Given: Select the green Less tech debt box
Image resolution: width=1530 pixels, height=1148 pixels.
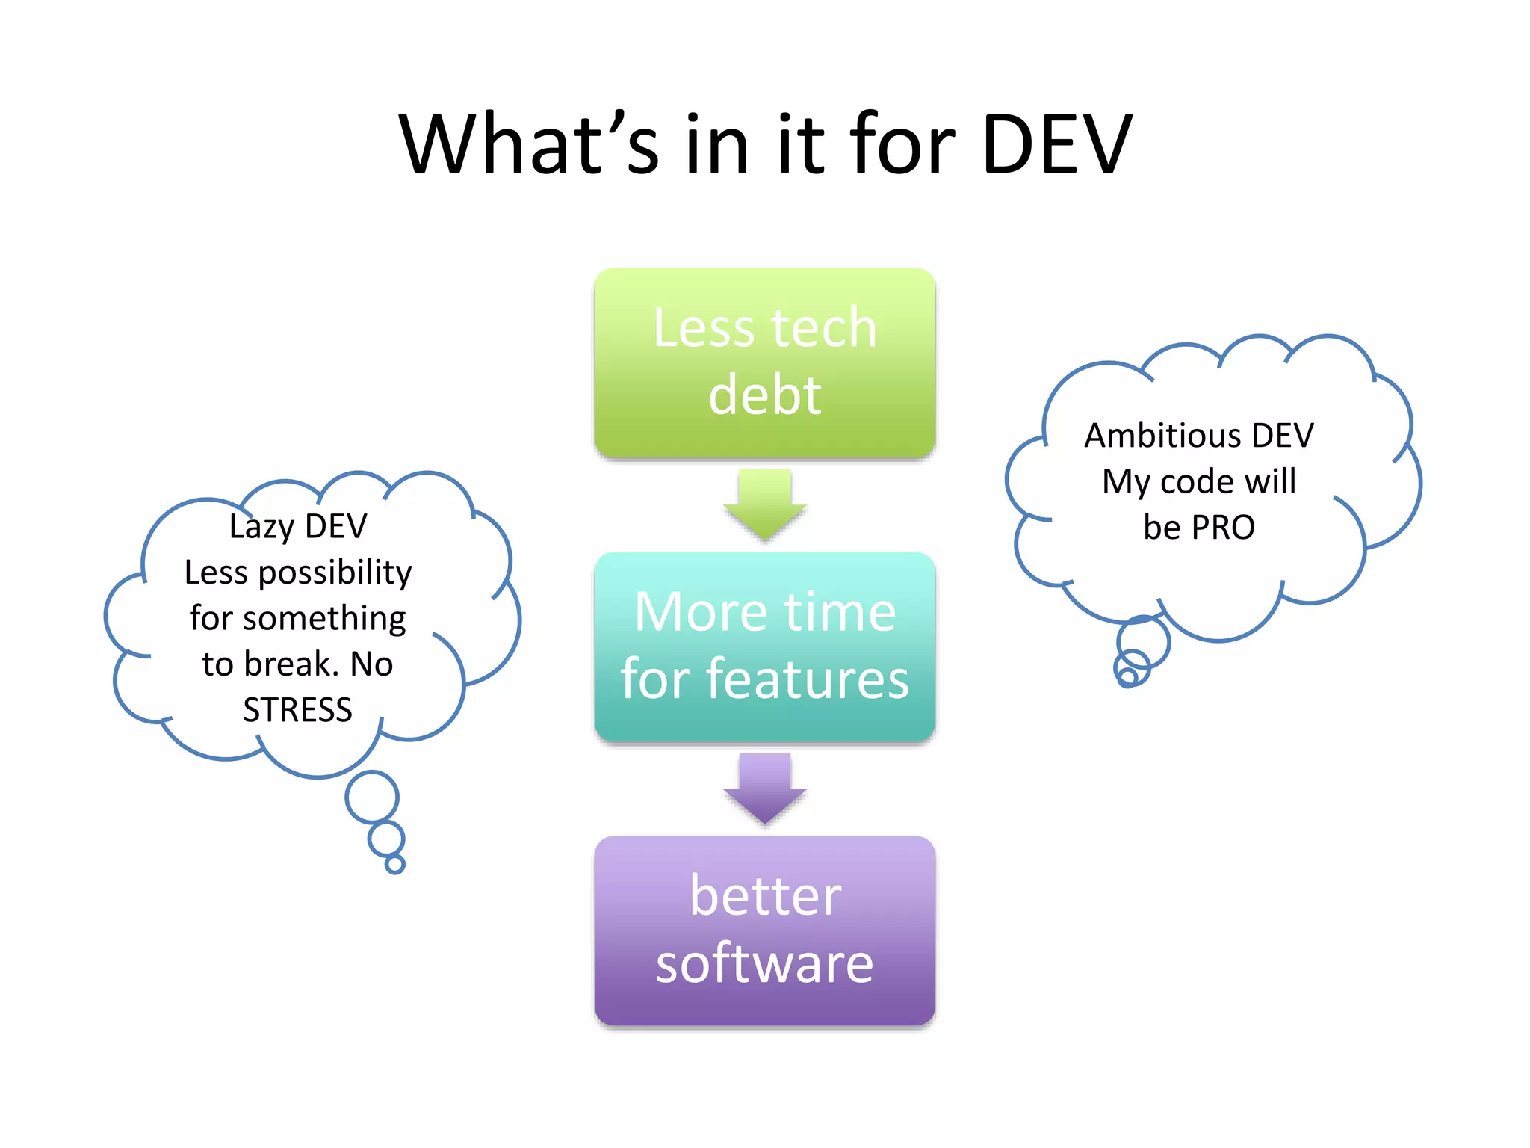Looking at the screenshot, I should tap(764, 362).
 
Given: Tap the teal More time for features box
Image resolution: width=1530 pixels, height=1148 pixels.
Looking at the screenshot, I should tap(764, 646).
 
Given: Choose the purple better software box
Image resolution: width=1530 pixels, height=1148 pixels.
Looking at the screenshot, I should tap(764, 931).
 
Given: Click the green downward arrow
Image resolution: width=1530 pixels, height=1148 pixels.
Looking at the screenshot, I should tap(764, 504).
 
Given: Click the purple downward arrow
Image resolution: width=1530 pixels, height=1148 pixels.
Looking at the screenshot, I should tap(764, 789).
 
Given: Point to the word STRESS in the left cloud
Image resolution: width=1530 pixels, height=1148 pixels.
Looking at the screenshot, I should tap(297, 709).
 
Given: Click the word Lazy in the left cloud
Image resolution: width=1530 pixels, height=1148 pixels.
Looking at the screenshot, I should tap(261, 527).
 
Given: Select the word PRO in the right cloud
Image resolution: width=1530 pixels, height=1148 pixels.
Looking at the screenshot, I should tap(1223, 528).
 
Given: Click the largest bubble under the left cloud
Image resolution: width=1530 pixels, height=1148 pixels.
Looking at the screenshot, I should tap(372, 797).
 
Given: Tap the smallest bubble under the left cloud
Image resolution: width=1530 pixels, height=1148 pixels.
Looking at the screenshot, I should tap(394, 865).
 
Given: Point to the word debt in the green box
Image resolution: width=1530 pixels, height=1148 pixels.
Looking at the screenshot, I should tap(764, 395).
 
